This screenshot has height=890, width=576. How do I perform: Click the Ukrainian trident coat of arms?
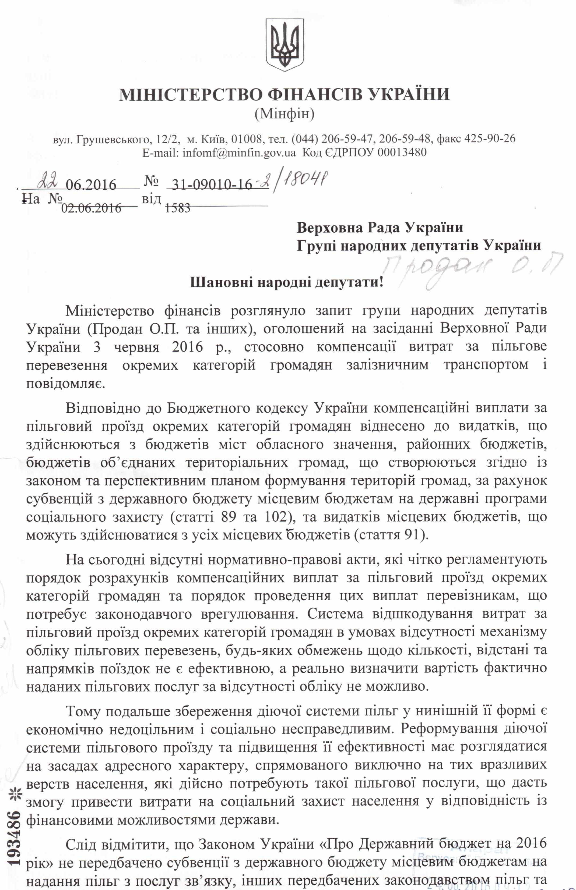point(284,45)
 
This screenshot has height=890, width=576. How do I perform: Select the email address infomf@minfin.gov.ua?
point(239,153)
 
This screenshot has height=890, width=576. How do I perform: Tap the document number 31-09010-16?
point(211,185)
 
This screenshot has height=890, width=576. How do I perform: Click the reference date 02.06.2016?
point(91,208)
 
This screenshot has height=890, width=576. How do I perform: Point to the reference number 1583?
point(178,208)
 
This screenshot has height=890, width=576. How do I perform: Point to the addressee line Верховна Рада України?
point(380,228)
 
